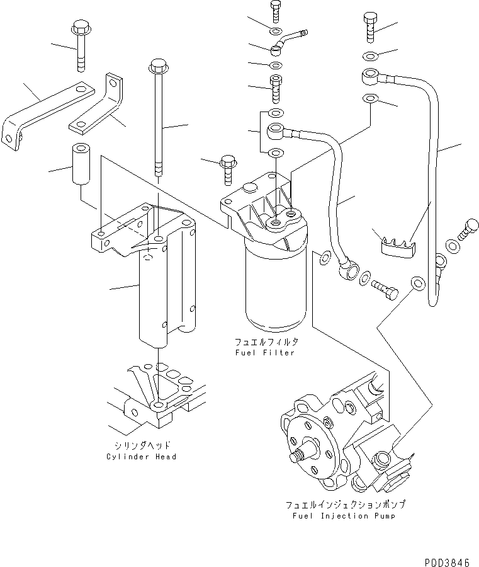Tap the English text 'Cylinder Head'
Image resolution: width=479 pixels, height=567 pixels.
(141, 456)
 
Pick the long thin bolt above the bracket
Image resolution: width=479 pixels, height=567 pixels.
(157, 120)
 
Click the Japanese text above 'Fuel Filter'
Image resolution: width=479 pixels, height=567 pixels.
(265, 342)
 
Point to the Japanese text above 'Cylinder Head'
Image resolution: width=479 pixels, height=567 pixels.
(141, 445)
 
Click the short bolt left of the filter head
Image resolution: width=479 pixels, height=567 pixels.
(228, 169)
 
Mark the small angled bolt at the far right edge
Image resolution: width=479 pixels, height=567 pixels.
(467, 230)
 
